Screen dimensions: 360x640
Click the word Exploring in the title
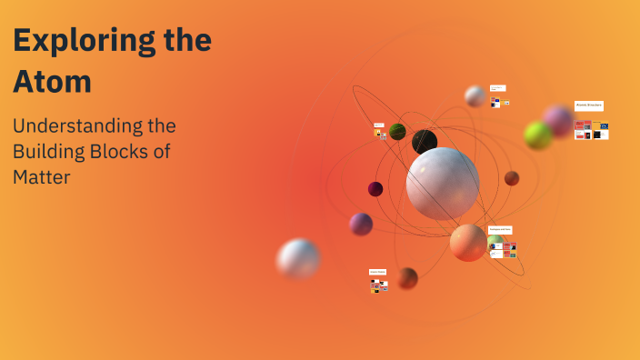[x=81, y=42]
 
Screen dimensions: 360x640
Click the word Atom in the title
[x=52, y=82]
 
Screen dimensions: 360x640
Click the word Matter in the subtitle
[x=41, y=176]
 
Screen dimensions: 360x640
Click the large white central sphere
[x=443, y=184]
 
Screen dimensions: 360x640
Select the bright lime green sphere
[x=538, y=135]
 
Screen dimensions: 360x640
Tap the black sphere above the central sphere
[x=425, y=142]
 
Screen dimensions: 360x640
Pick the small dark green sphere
[x=397, y=132]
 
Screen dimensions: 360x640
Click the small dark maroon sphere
[x=375, y=189]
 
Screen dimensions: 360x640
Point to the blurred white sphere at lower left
[x=298, y=259]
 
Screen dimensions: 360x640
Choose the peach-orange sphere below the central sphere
[x=468, y=243]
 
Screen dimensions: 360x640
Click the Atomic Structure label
[x=589, y=105]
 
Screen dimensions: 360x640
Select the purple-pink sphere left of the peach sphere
[x=361, y=224]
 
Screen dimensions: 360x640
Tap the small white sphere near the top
[x=475, y=95]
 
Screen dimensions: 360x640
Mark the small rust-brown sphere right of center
[x=512, y=178]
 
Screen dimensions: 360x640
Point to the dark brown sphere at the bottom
[x=407, y=277]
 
